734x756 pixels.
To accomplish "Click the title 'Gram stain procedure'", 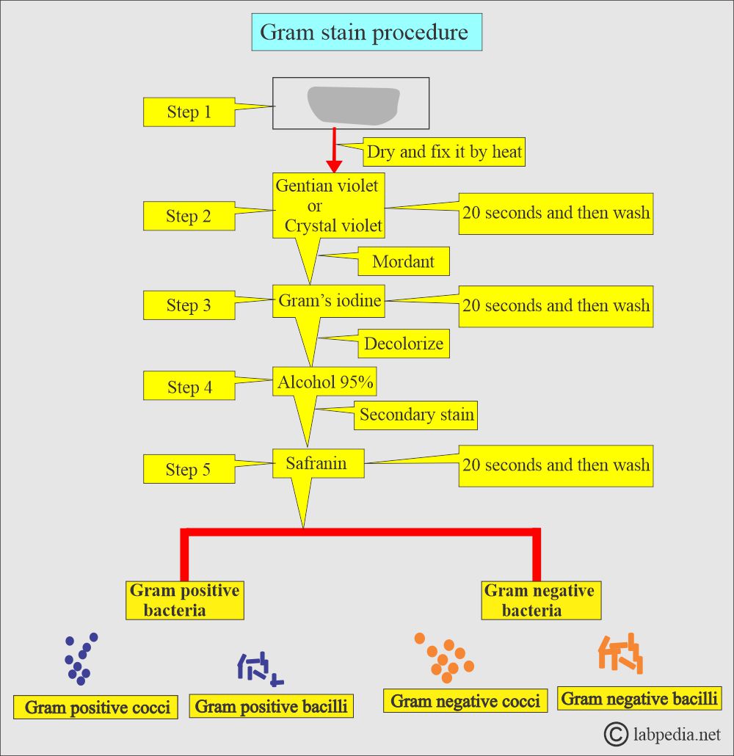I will (366, 32).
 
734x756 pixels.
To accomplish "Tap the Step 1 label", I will (189, 112).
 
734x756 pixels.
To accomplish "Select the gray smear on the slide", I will (352, 105).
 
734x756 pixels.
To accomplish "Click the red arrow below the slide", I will (335, 150).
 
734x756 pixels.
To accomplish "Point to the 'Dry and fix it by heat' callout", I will (444, 152).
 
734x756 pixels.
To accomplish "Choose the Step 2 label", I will (189, 216).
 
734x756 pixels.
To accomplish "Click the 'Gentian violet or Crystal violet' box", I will (328, 206).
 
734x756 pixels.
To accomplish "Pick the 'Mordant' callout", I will (403, 261).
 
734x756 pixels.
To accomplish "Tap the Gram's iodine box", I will (330, 300).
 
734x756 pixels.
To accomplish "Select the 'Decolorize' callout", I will (403, 344).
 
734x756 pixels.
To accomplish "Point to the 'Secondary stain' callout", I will (416, 415).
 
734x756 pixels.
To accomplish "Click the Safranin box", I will (319, 463).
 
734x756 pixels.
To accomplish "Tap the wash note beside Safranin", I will (556, 465).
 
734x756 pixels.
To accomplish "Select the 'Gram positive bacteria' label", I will (184, 600).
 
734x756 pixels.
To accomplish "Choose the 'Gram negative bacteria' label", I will (539, 600).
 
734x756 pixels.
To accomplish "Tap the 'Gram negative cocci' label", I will (465, 701).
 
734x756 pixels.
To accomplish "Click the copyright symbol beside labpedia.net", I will (615, 733).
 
